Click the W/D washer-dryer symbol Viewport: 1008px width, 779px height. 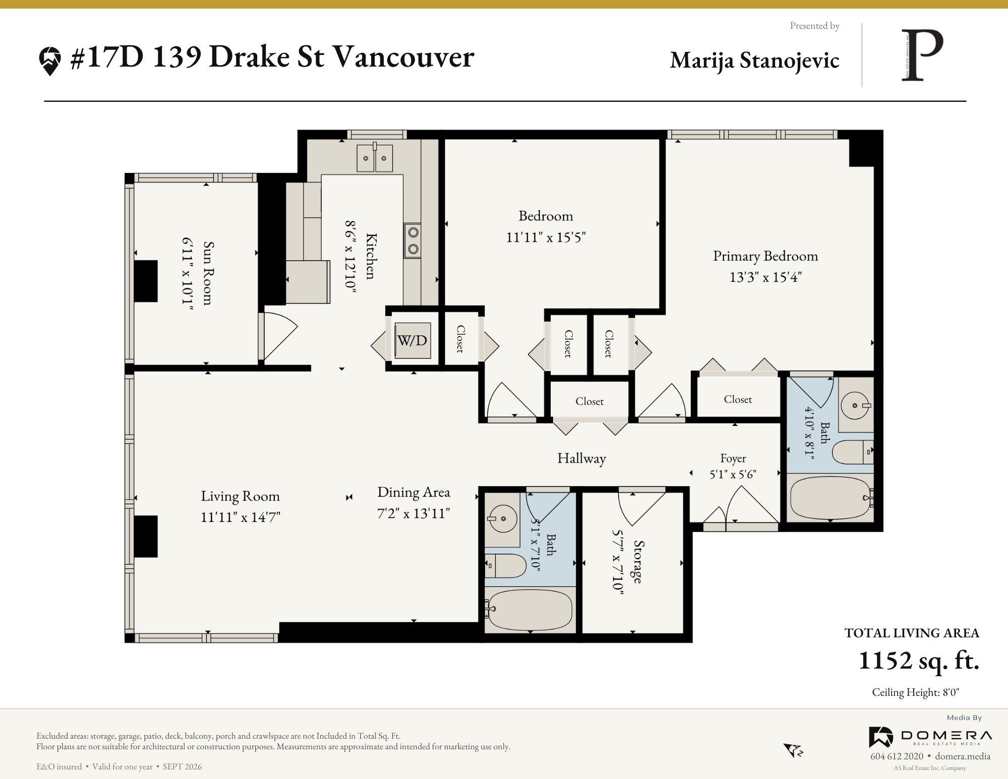click(412, 340)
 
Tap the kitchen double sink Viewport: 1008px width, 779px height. click(375, 158)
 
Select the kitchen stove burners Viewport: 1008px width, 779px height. click(413, 241)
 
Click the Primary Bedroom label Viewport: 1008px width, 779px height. click(765, 256)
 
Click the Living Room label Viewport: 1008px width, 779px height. click(240, 496)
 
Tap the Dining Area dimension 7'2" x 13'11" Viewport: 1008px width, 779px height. click(413, 513)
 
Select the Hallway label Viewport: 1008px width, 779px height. click(581, 458)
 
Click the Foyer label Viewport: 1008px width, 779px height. click(733, 458)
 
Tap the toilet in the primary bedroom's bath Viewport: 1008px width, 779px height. click(853, 452)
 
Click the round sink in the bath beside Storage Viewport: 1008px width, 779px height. click(502, 518)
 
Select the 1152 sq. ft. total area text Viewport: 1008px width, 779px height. click(919, 661)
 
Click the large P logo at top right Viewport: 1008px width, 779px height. click(922, 55)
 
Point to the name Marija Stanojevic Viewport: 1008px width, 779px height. click(754, 60)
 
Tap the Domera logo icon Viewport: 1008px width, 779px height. click(881, 737)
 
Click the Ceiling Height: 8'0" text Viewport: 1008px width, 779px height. click(915, 692)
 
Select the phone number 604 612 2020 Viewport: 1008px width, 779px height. click(897, 756)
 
